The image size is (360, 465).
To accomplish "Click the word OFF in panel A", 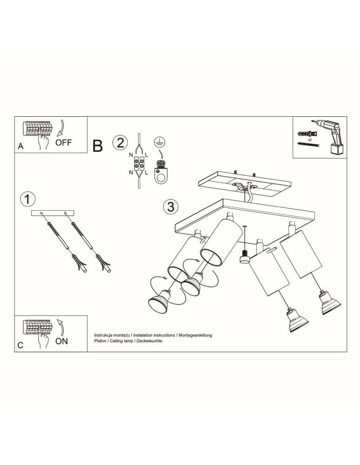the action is click(64, 142).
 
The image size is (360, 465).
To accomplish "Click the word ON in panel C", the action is click(62, 341).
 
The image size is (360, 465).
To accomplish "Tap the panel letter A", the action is click(20, 146).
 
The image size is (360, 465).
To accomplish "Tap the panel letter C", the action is click(20, 345).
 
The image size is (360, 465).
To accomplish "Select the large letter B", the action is click(98, 146).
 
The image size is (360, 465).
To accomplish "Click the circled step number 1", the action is click(27, 199).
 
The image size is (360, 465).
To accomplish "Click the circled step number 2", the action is click(120, 143).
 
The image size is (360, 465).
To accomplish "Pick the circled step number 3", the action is click(171, 207).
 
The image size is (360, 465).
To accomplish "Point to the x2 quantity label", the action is click(310, 139).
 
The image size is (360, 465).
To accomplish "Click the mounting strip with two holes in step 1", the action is click(53, 213).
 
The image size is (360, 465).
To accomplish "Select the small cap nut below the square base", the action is click(245, 257).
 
